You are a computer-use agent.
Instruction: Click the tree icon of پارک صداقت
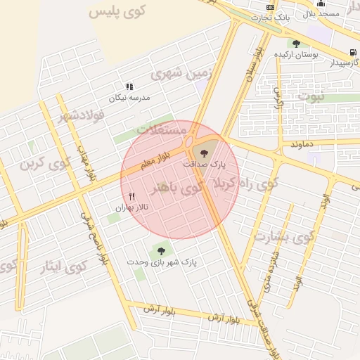(x=205, y=152)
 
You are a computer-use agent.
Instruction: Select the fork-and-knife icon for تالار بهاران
(x=131, y=196)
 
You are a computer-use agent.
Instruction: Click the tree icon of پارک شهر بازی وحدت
(x=161, y=250)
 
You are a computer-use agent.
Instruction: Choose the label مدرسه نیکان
(x=134, y=98)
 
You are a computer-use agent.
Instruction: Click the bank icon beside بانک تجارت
(x=270, y=6)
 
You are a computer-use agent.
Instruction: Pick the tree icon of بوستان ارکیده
(x=296, y=43)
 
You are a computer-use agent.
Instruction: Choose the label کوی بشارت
(x=281, y=237)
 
